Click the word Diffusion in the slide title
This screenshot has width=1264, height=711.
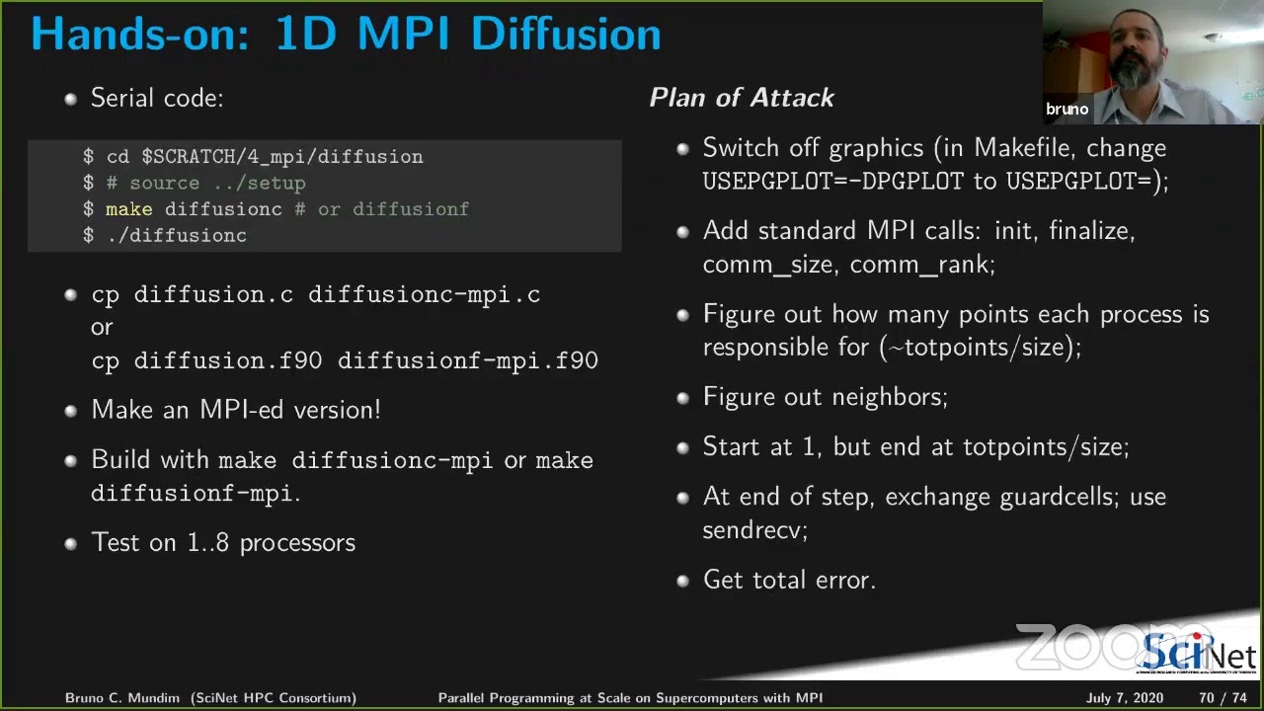(566, 34)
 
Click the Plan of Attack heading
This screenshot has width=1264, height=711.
(742, 97)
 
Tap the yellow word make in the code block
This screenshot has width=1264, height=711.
(128, 209)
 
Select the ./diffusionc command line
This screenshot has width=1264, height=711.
(176, 235)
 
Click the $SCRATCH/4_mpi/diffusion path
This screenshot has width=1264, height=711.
(282, 157)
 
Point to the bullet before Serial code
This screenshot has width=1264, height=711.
(70, 99)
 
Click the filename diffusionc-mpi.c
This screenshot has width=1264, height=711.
(424, 294)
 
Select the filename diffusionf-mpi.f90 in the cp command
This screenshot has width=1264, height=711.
(467, 360)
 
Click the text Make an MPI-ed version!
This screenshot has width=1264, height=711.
(235, 410)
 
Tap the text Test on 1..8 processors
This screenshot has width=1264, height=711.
(223, 543)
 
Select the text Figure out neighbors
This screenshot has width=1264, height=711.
(825, 397)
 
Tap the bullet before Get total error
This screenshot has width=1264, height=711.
(682, 581)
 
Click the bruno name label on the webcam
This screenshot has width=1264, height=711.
(1066, 110)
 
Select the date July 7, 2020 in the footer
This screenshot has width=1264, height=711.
(1125, 698)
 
